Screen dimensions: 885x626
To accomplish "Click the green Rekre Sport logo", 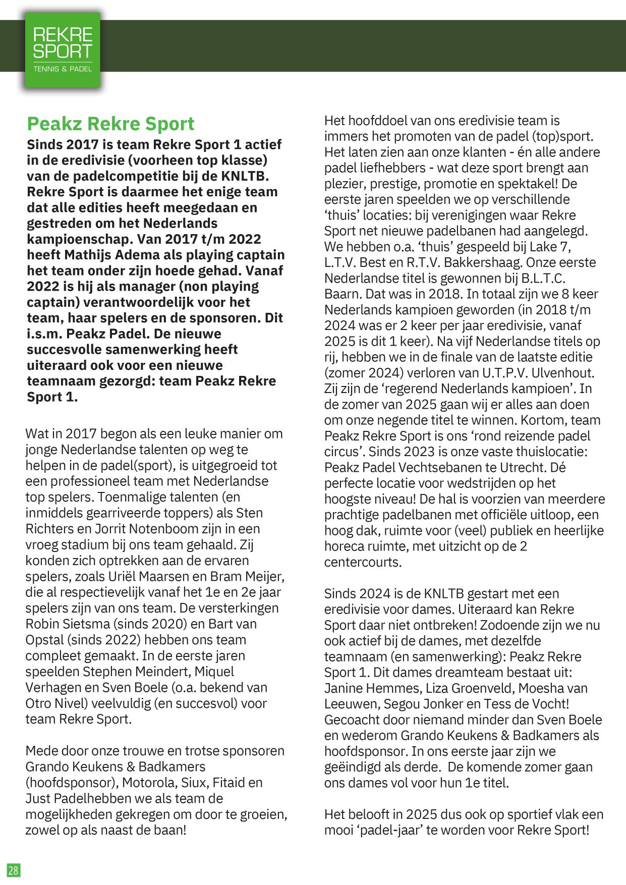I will pos(63,50).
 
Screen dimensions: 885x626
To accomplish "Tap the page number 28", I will pos(13,870).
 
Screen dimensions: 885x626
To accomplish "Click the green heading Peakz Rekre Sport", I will pos(110,124).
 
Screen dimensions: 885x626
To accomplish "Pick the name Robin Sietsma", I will pos(67,624).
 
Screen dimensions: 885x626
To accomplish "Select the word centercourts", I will pos(363,562).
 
